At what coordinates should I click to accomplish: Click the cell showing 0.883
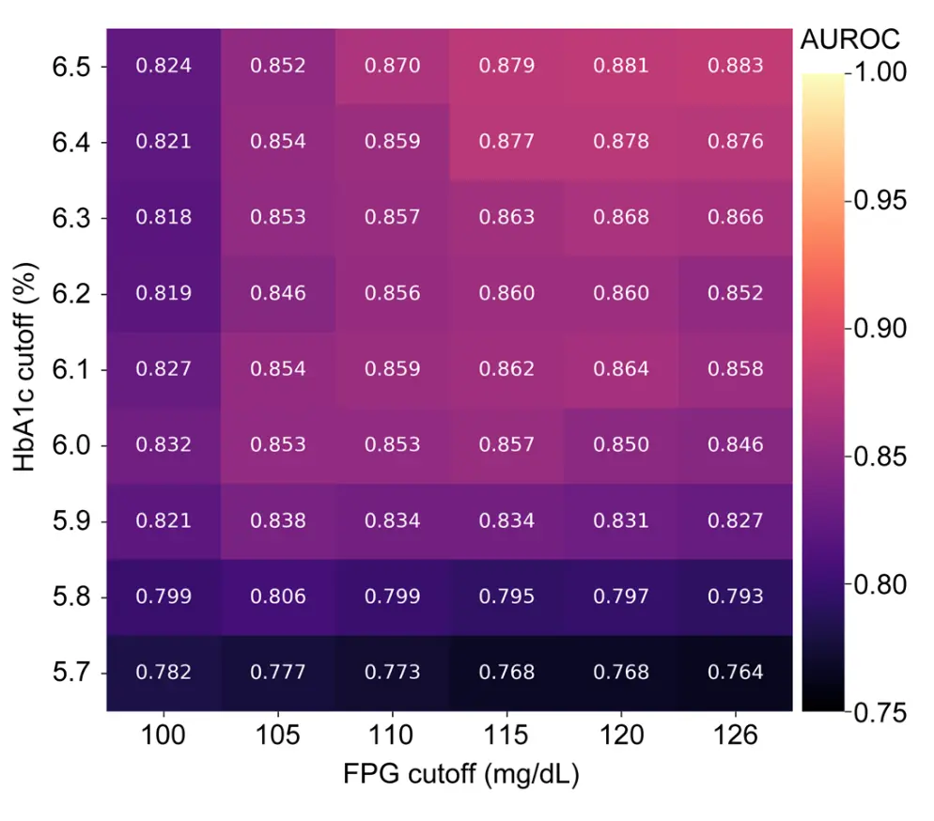tap(735, 67)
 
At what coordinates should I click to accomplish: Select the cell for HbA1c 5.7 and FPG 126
tap(735, 673)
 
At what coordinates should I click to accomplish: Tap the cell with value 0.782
tap(163, 673)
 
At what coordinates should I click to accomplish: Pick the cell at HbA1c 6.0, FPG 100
tap(163, 445)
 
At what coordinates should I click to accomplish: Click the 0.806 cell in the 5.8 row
tap(278, 596)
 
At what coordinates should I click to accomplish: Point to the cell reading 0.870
tap(392, 67)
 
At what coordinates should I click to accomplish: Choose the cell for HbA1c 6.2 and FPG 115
tap(506, 294)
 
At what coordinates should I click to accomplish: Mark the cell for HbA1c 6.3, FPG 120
tap(621, 218)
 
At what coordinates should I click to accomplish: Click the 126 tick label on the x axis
tap(735, 736)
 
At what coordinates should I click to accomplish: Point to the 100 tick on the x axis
tap(163, 736)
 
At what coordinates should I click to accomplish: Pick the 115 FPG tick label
tap(506, 736)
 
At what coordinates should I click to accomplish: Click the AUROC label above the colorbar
tap(848, 39)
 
